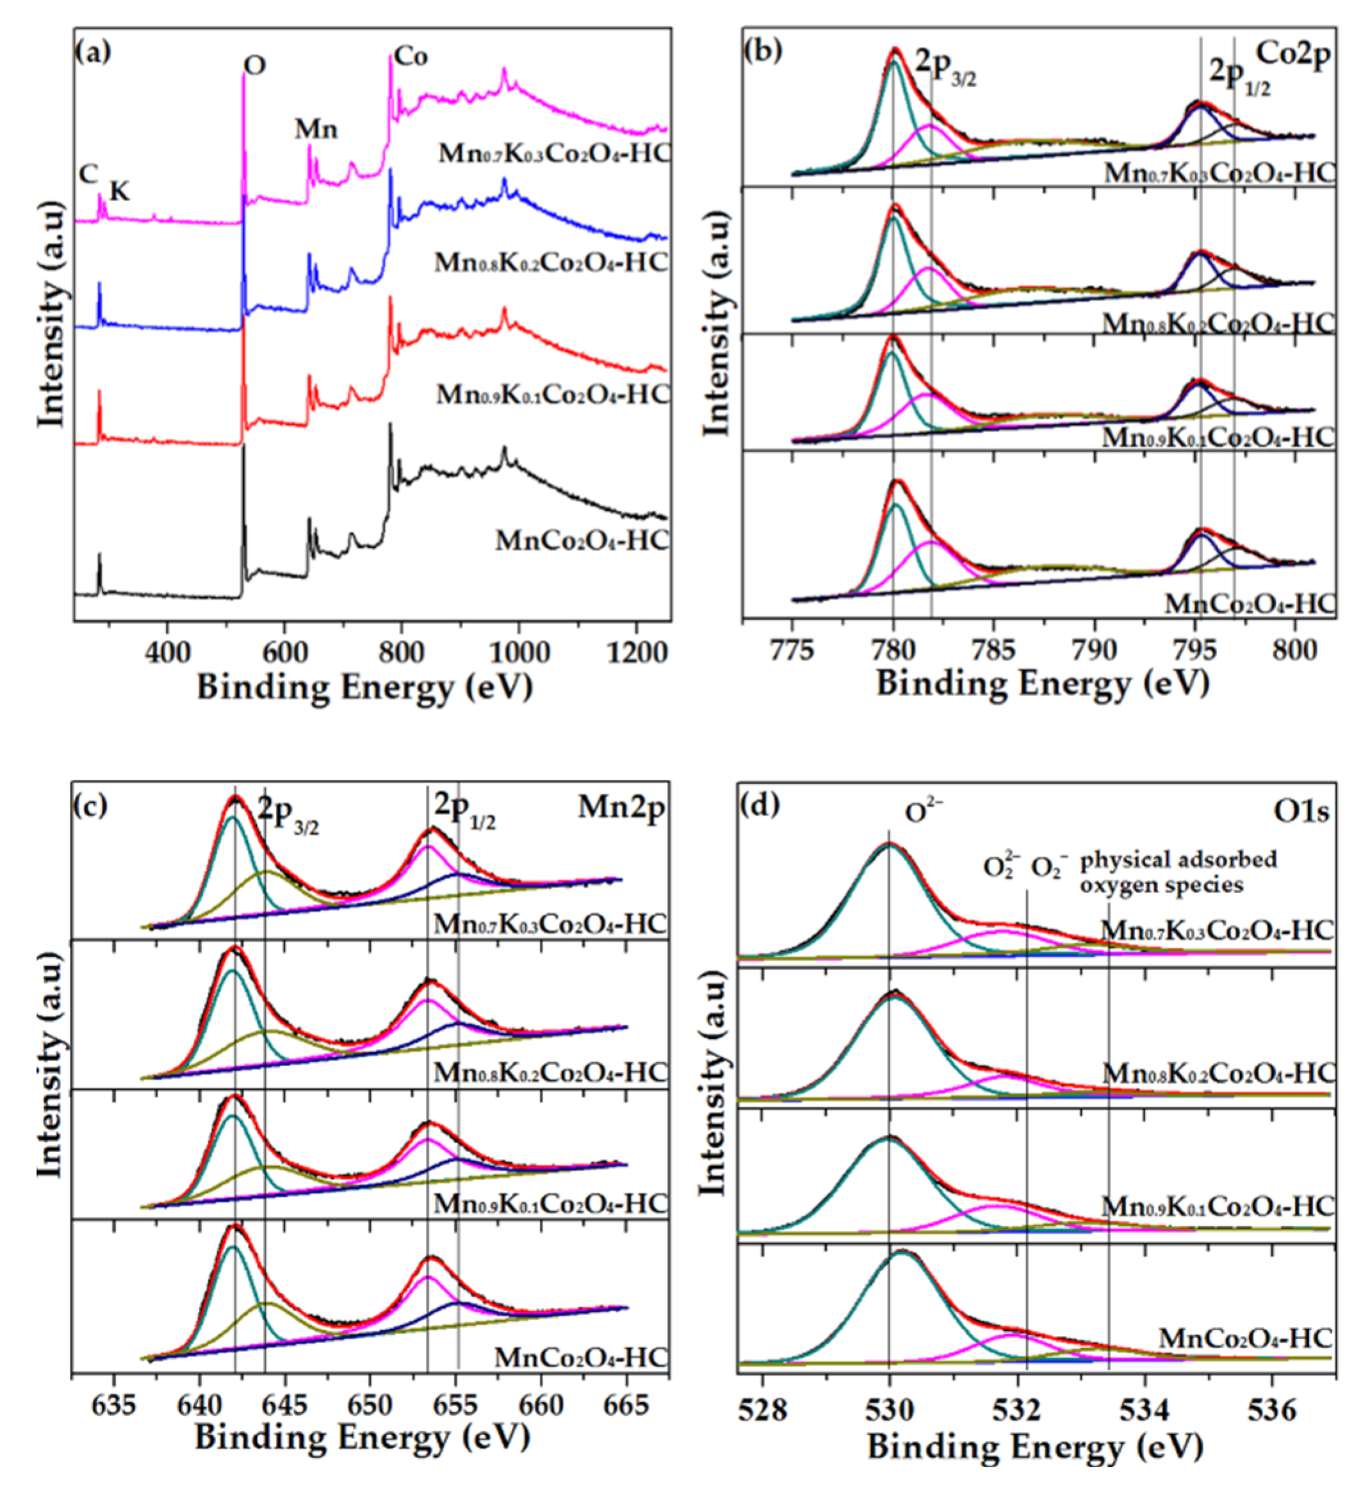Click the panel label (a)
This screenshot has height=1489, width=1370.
coord(94,53)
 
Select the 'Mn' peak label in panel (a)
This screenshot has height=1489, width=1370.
coord(316,130)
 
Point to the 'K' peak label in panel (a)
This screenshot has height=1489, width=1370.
coord(119,192)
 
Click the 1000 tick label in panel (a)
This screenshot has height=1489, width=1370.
coord(518,652)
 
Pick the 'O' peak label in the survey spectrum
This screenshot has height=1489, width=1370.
coord(254,66)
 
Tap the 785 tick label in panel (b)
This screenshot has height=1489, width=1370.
coord(994,650)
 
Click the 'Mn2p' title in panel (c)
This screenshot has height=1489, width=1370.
coord(621,807)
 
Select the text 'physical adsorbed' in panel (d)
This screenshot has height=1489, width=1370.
coord(1178,860)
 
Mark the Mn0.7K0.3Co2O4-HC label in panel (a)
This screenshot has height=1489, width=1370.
coord(553,154)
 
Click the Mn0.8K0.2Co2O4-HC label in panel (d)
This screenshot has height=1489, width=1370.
coord(1218,1073)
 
